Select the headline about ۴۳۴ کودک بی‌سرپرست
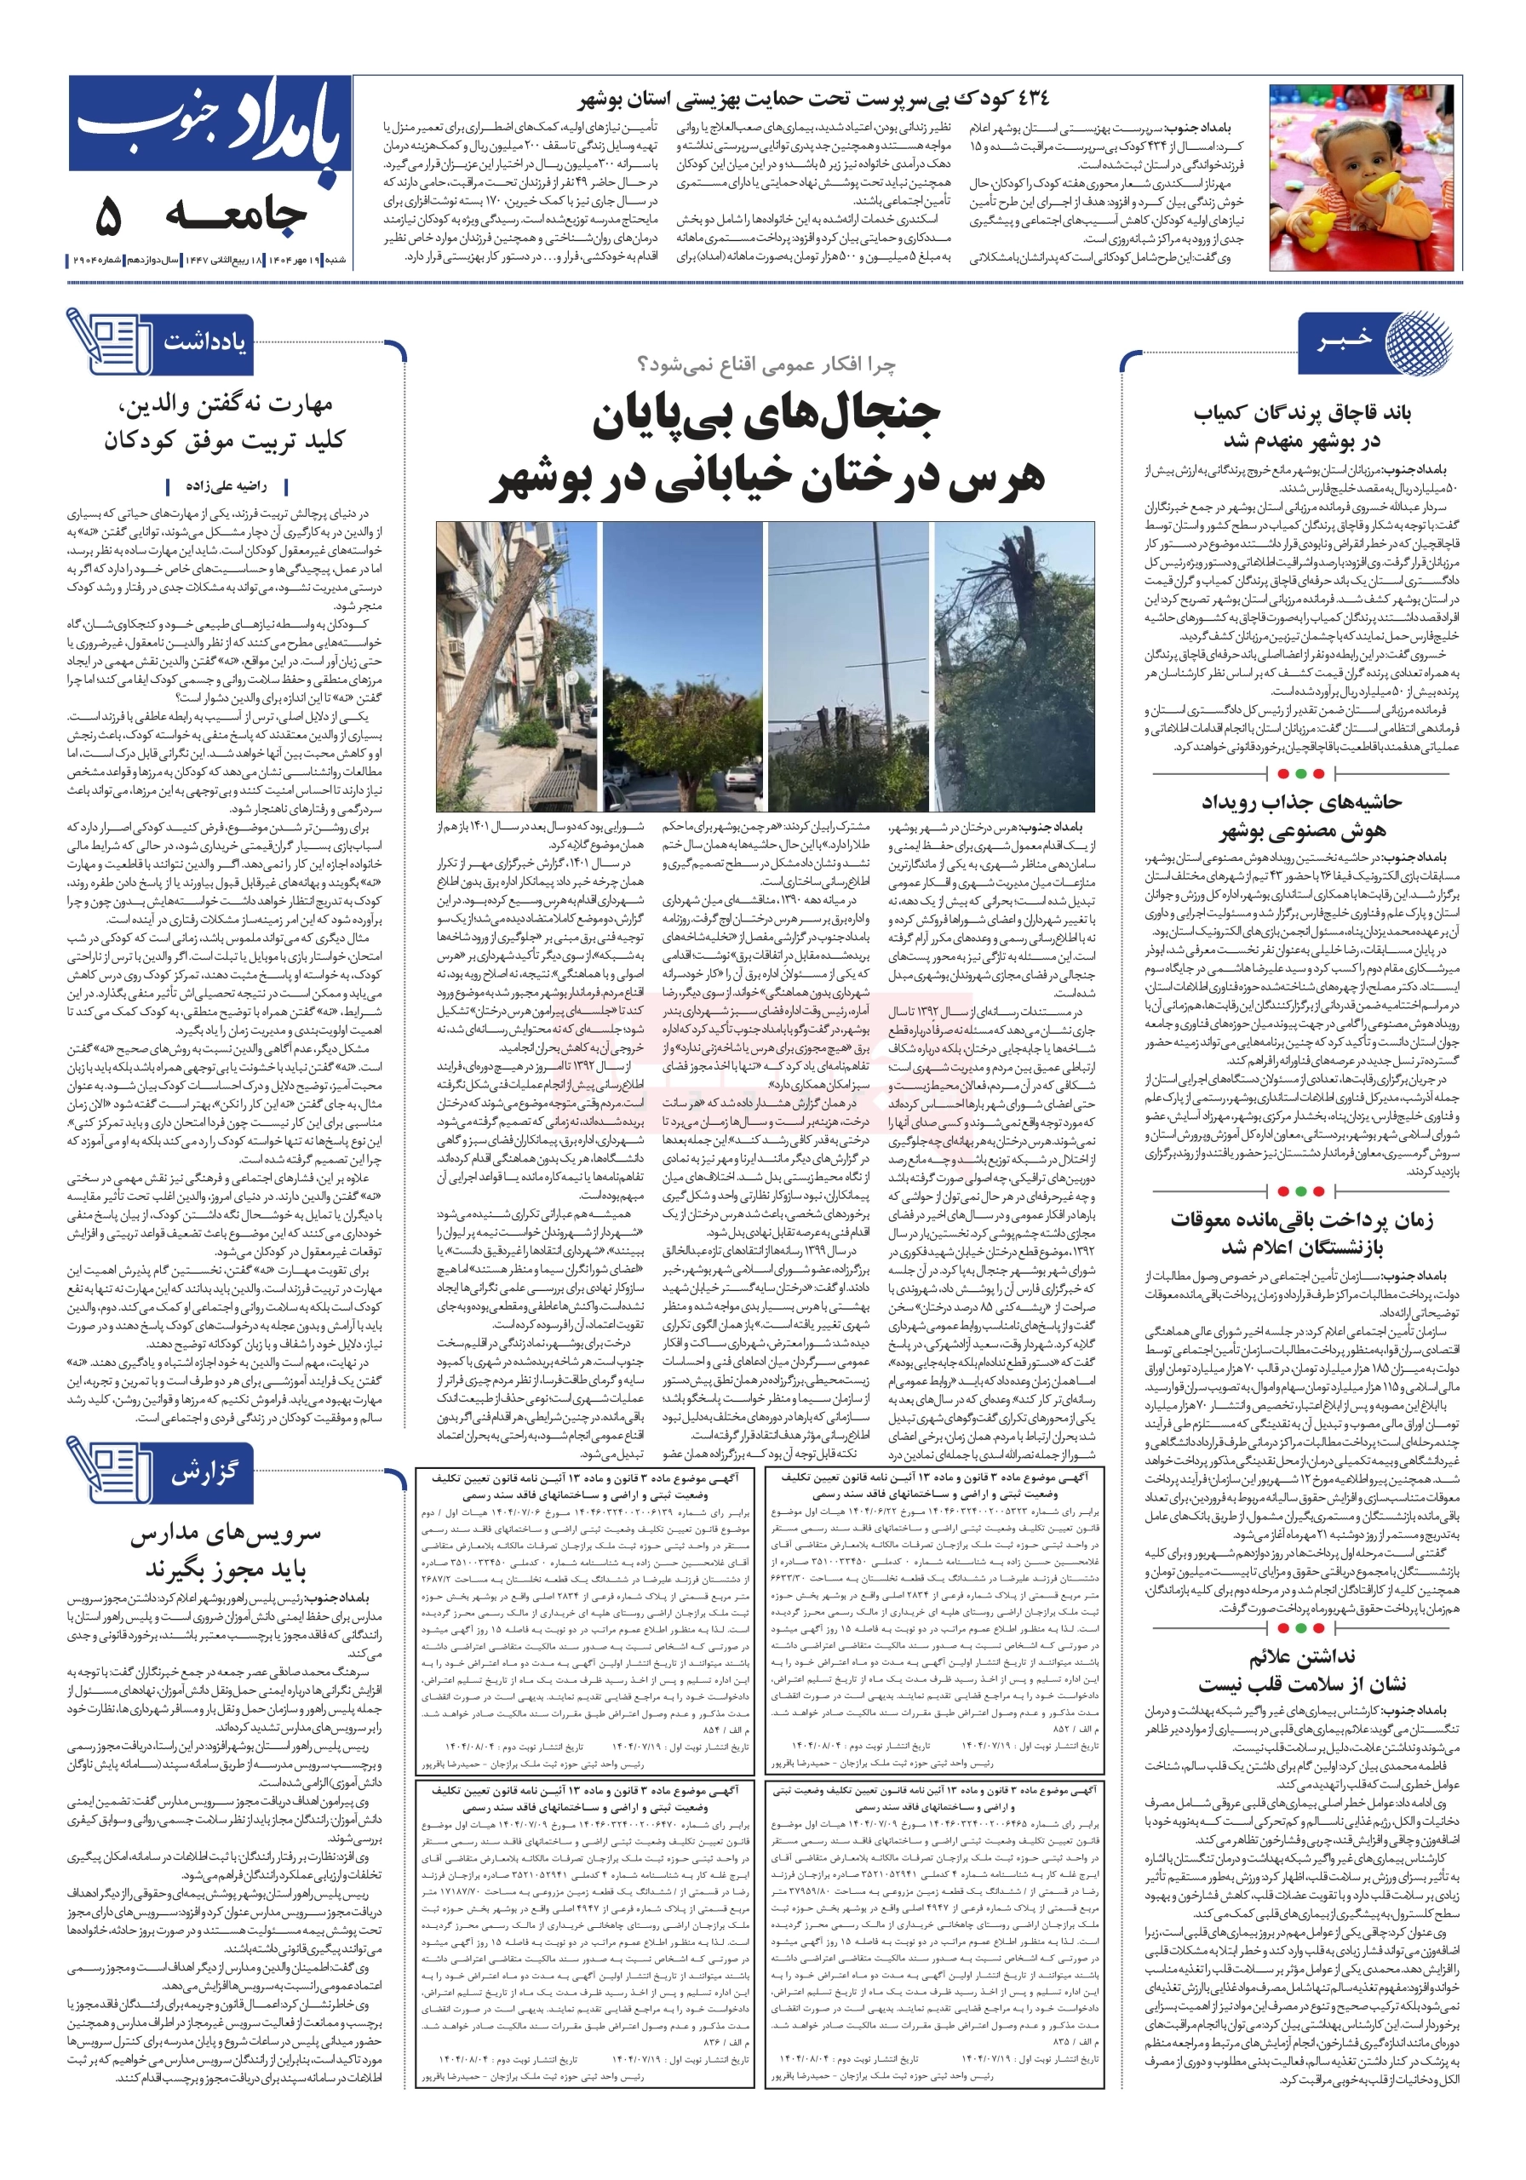(x=815, y=98)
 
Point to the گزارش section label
(x=204, y=1472)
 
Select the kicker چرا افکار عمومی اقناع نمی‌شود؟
(x=766, y=364)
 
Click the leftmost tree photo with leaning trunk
(x=517, y=666)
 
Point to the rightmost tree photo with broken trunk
(x=1014, y=666)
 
